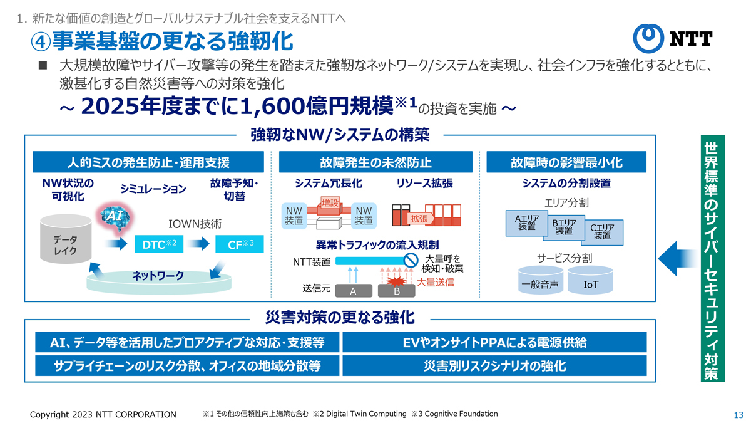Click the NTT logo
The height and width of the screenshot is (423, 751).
[x=673, y=38]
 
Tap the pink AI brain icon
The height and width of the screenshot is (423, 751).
[x=115, y=217]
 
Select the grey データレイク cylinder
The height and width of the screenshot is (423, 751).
[x=66, y=239]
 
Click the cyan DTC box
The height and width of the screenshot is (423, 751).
[x=159, y=244]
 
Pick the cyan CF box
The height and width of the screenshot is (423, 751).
[x=239, y=244]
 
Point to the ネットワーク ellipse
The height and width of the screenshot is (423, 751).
[x=159, y=281]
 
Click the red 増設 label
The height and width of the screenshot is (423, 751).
[x=330, y=203]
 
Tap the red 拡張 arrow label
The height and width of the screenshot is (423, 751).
[x=420, y=219]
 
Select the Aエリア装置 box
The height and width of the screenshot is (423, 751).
[x=527, y=223]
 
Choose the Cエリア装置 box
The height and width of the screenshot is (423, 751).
[x=603, y=232]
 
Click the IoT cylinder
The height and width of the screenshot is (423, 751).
[x=590, y=280]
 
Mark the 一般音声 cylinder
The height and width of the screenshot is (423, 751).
[x=541, y=280]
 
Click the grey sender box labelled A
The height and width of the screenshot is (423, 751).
[x=354, y=291]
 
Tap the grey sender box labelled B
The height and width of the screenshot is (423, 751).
[x=397, y=291]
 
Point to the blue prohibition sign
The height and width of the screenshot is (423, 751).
[x=411, y=260]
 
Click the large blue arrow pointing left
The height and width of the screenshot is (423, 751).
[x=678, y=258]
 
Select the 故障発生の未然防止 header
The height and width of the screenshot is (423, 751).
[x=375, y=162]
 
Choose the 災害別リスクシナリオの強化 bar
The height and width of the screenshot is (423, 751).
[x=494, y=365]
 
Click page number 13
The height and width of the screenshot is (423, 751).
[x=738, y=415]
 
